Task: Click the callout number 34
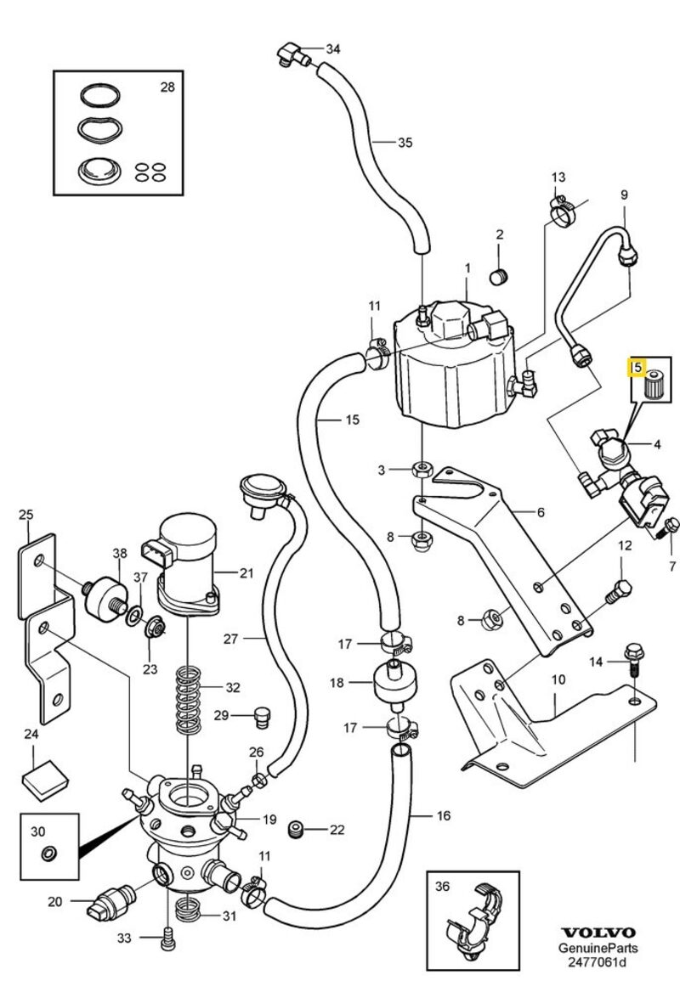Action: coord(332,48)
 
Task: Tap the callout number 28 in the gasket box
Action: coord(167,87)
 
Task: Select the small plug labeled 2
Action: coord(500,276)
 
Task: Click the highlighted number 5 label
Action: coord(636,368)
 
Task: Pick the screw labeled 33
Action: coord(167,938)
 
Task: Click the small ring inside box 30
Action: coord(49,852)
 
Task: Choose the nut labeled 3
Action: coord(420,468)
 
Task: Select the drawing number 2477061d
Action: coord(599,962)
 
